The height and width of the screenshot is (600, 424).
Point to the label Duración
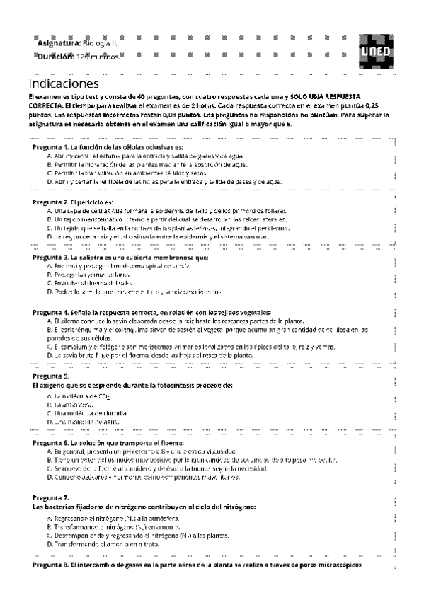57,55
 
